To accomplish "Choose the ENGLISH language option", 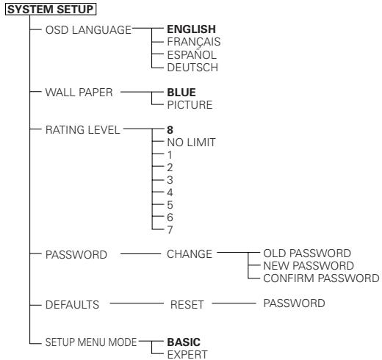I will click(x=176, y=29).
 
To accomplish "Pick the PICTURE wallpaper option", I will click(x=168, y=106).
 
